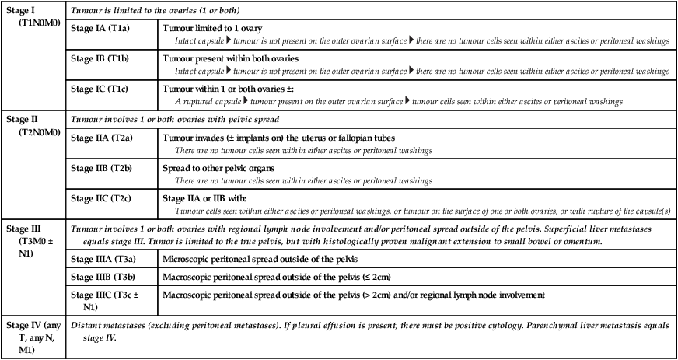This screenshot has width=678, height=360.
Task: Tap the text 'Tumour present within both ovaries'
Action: click(230, 59)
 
